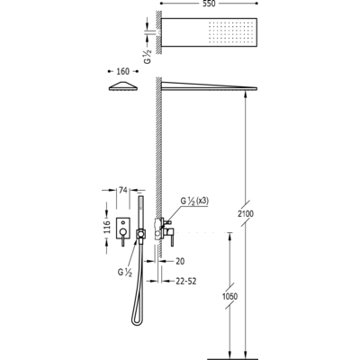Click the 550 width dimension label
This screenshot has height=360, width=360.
(x=209, y=4)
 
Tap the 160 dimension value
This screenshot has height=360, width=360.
(x=123, y=71)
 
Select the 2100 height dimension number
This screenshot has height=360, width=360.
(x=246, y=213)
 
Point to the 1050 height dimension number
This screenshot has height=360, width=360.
(x=229, y=296)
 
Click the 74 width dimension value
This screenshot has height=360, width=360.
(x=123, y=190)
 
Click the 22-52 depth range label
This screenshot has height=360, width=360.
(x=186, y=281)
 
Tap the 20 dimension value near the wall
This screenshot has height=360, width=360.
(x=180, y=261)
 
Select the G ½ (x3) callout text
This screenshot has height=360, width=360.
(x=194, y=201)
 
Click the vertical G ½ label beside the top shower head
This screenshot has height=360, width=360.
(x=148, y=56)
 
